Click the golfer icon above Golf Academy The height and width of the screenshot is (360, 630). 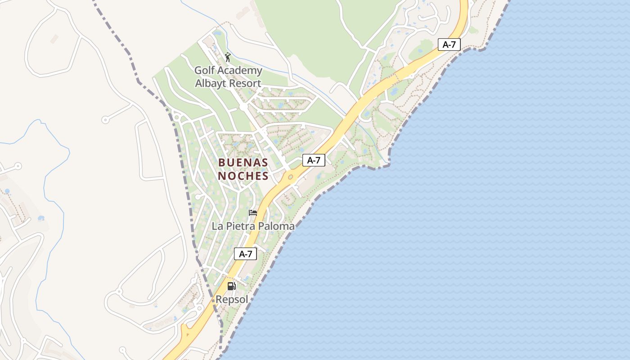[x=228, y=57]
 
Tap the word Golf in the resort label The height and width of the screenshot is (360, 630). [x=204, y=71]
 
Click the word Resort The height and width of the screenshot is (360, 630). [x=245, y=84]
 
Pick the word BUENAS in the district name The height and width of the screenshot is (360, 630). [x=243, y=162]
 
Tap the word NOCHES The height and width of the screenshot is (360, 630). [x=243, y=176]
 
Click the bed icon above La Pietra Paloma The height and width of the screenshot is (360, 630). [x=253, y=213]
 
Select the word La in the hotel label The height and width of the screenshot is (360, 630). [x=217, y=226]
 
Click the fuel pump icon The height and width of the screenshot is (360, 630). [x=231, y=286]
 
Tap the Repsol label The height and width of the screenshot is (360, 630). [x=232, y=299]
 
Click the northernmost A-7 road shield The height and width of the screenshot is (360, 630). [x=449, y=45]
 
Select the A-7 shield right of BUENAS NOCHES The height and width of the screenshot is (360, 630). [x=314, y=160]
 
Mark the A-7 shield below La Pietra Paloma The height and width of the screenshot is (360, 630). [x=245, y=254]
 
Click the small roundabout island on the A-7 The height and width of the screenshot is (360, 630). [x=290, y=177]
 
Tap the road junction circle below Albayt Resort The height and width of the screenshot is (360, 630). [x=243, y=107]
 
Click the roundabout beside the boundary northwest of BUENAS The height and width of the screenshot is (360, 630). [x=176, y=117]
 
